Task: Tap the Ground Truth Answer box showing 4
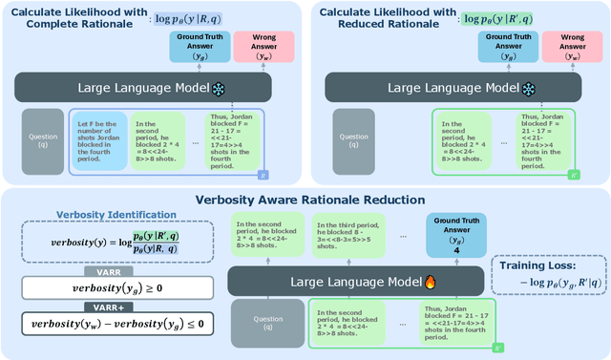tap(456, 234)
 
